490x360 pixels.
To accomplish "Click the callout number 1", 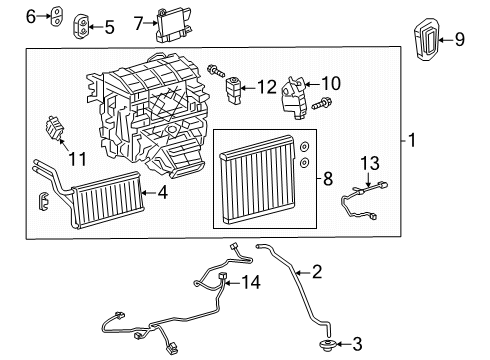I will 411,141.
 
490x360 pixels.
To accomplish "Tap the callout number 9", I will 460,40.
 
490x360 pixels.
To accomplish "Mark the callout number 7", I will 141,19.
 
